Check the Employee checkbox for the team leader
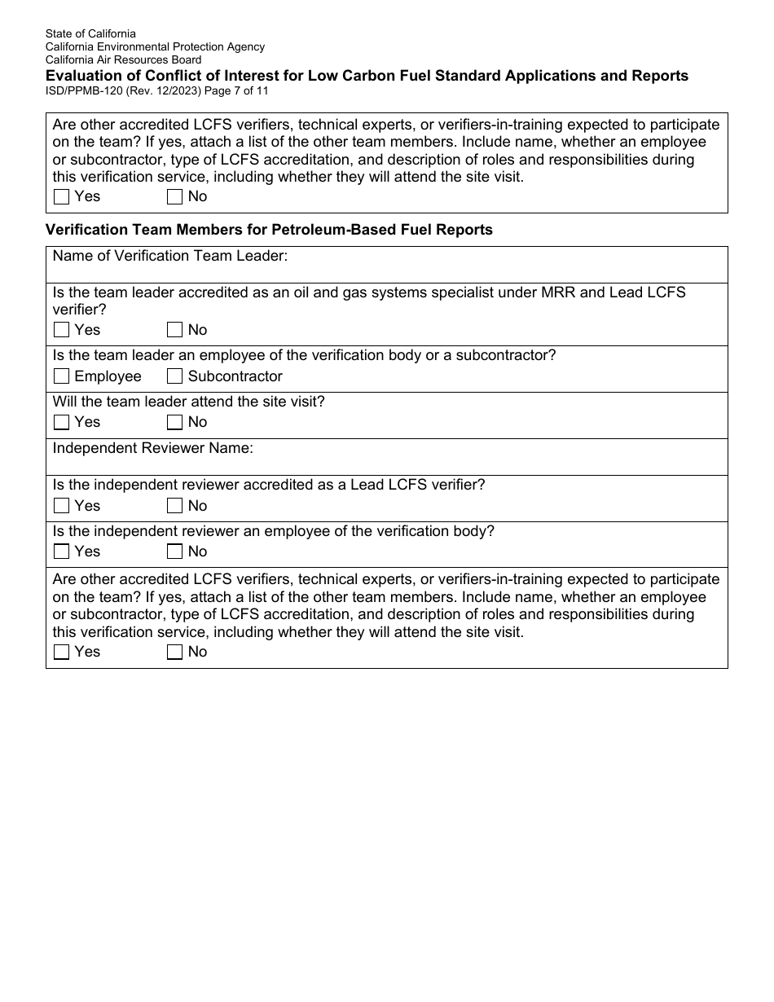point(61,376)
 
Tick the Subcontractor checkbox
point(174,376)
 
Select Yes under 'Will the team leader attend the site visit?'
point(61,422)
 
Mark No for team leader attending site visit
point(174,422)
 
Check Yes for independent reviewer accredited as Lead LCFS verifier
point(61,506)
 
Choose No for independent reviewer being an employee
point(174,552)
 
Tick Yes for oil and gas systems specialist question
point(61,330)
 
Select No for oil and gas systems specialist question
point(174,330)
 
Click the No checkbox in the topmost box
point(174,196)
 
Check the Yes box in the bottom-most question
point(61,652)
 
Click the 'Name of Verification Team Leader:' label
point(170,257)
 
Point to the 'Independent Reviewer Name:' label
point(153,448)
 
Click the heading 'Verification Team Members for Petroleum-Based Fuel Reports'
point(269,230)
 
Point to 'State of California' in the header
point(90,34)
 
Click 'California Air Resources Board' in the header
point(123,60)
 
